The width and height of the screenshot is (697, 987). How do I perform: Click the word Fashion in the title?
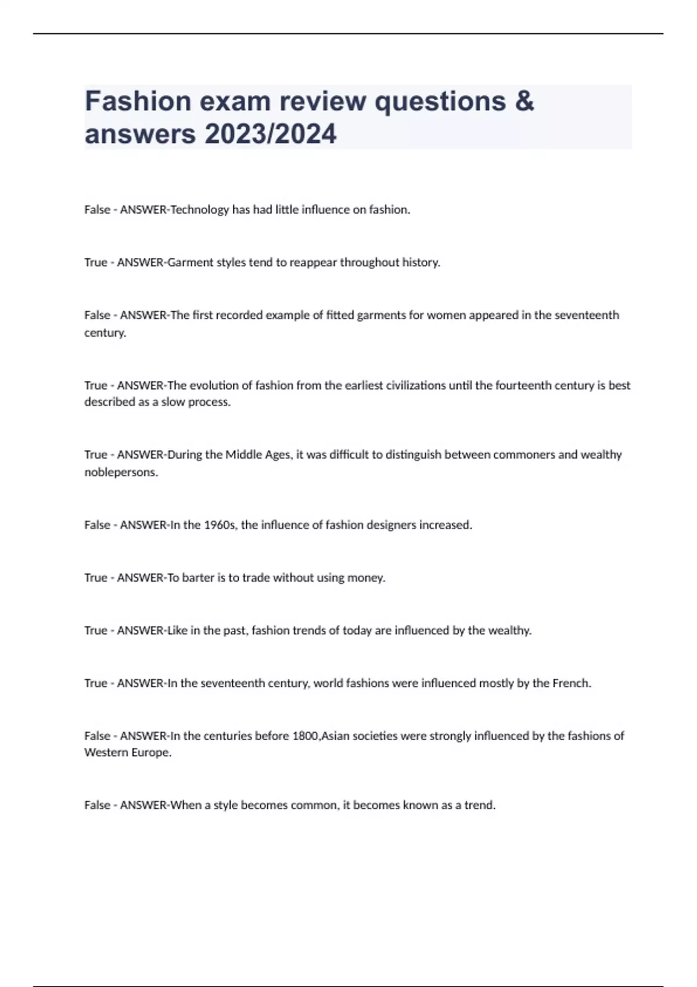[x=138, y=101]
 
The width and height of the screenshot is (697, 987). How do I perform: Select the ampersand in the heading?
[x=523, y=101]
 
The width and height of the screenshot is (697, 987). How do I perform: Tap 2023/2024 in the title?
[x=270, y=134]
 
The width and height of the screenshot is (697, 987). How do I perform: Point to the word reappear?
[x=313, y=262]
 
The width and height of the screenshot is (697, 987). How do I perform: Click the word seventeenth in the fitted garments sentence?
[x=587, y=315]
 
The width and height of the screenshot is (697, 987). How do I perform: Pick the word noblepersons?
[x=121, y=472]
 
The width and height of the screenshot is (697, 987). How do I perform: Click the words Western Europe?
[x=128, y=752]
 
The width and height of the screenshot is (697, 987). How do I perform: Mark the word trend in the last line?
[x=479, y=805]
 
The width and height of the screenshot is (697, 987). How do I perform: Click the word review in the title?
[x=323, y=101]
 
